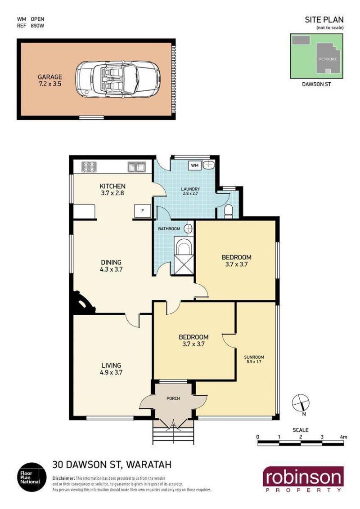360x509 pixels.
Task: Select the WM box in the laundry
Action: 194,165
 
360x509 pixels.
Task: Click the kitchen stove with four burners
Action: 90,166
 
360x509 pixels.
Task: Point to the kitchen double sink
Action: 137,167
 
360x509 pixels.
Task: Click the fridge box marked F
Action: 142,211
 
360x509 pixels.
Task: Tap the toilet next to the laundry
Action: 229,211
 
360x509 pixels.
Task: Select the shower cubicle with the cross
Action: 184,264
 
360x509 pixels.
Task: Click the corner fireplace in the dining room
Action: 82,304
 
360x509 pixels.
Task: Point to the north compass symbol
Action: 301,405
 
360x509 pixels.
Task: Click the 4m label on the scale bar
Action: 343,437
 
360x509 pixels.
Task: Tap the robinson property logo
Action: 303,479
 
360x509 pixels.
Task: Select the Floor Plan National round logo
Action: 31,477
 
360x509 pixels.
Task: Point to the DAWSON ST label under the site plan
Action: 316,85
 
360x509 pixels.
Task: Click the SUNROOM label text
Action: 254,357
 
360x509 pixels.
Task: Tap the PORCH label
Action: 173,398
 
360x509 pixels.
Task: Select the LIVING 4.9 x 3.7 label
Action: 111,369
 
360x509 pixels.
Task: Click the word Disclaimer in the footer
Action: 64,478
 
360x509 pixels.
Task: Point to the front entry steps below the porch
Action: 173,432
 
